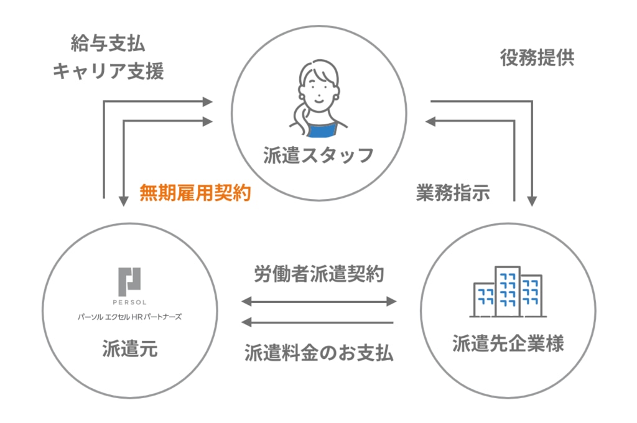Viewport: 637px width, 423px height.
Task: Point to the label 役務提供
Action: [x=537, y=58]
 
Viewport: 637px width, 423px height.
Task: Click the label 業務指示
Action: [x=452, y=193]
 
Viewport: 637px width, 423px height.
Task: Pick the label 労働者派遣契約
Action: [x=318, y=274]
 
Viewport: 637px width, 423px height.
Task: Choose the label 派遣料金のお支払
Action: [x=318, y=353]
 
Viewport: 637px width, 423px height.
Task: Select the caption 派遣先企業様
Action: [x=508, y=343]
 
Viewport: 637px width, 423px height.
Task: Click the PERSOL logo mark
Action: [x=130, y=279]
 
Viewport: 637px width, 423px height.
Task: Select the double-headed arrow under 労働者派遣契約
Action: [x=318, y=302]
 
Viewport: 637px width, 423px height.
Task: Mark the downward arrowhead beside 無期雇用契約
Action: [x=124, y=200]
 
